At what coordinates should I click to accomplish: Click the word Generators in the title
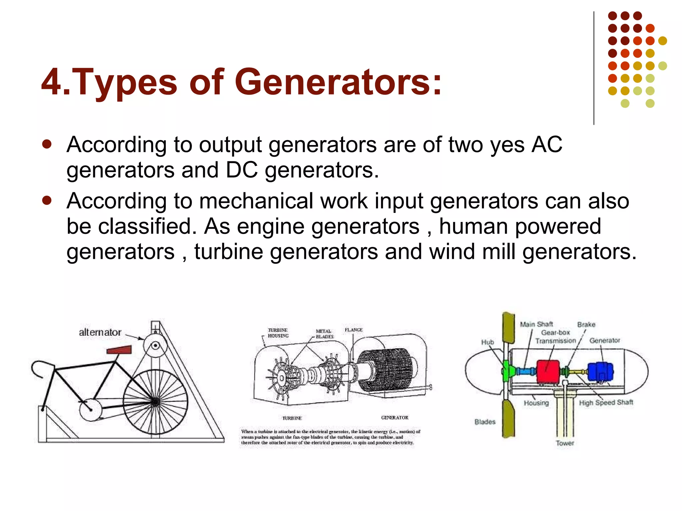[338, 82]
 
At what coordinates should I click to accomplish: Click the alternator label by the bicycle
[100, 332]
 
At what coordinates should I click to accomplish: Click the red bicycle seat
[119, 350]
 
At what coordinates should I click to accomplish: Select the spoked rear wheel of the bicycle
[155, 402]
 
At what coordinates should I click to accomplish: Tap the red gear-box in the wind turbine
[548, 372]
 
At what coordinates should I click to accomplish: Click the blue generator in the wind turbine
[600, 372]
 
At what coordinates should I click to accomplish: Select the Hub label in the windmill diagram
[488, 342]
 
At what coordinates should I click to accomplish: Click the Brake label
[586, 324]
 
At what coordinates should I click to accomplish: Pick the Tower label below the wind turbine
[565, 443]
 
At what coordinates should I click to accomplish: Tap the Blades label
[485, 422]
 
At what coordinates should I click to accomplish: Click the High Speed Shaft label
[606, 403]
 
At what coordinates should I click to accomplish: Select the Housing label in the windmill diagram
[536, 403]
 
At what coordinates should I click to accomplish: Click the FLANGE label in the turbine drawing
[354, 330]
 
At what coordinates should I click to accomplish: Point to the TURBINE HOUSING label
[278, 333]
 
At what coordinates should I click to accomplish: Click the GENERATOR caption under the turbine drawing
[395, 418]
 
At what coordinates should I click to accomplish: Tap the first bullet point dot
[47, 144]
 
